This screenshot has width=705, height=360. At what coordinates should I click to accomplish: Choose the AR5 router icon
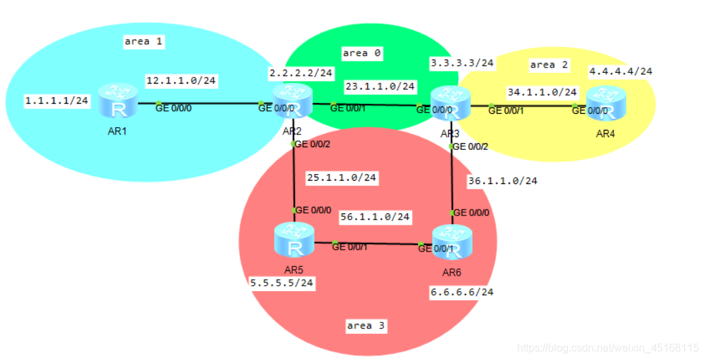point(294,242)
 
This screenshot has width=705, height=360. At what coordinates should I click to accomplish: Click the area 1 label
point(144,41)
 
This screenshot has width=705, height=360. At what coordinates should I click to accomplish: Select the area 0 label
point(361,53)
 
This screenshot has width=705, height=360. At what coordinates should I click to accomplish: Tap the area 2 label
point(548,65)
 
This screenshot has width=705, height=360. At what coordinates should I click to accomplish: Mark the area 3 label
point(366,326)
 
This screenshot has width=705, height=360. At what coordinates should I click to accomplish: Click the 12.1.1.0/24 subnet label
point(181,81)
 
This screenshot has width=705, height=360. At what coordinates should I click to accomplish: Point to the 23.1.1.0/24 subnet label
point(380,86)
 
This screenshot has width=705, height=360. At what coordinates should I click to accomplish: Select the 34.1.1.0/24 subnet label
point(542,92)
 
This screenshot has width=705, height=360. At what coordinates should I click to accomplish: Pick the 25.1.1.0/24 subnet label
point(341,178)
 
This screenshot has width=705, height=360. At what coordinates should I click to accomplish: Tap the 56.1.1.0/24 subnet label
point(375,217)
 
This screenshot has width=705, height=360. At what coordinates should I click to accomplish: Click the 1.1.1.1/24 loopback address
point(57,101)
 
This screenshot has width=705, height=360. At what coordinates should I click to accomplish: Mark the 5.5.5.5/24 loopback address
point(282,283)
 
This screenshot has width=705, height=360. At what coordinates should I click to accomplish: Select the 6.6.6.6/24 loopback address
point(461,292)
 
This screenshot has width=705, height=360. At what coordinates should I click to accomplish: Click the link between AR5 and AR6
point(375,244)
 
